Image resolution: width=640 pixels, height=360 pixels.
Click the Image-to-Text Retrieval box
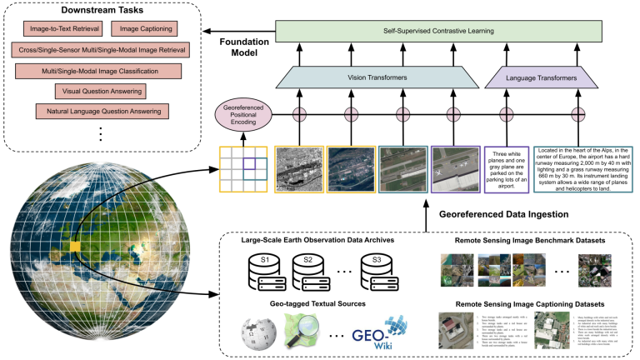[64, 29]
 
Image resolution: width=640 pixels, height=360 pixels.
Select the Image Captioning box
[146, 29]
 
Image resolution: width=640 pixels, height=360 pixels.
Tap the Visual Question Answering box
[99, 91]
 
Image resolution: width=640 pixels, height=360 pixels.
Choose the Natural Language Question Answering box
[102, 111]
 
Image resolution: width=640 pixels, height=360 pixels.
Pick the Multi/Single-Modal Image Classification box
[99, 71]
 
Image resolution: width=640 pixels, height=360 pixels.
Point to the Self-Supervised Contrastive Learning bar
[438, 32]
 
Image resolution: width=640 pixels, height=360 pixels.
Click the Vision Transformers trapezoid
[377, 77]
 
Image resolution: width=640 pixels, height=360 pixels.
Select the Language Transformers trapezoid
[542, 77]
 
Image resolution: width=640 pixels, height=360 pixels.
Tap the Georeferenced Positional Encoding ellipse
[244, 114]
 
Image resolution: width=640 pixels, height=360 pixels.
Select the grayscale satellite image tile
[297, 169]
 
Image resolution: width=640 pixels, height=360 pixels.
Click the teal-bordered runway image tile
[402, 169]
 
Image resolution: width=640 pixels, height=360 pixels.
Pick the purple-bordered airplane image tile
[455, 169]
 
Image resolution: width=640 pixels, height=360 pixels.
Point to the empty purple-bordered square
[507, 170]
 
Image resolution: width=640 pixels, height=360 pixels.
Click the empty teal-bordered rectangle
[582, 170]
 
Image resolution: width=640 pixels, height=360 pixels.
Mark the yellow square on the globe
[75, 247]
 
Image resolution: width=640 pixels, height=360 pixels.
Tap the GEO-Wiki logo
[379, 331]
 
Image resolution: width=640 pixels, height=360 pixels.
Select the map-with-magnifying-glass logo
[301, 331]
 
